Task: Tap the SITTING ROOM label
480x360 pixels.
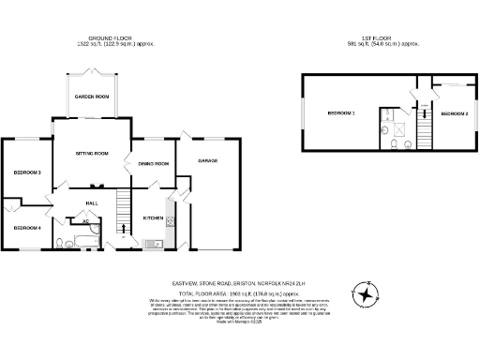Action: point(92,153)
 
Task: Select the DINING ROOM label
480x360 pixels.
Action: point(154,164)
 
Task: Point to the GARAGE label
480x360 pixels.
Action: point(207,160)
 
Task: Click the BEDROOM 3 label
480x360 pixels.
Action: point(26,172)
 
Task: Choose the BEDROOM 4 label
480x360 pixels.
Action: point(26,227)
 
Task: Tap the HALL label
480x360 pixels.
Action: point(93,202)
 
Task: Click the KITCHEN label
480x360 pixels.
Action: point(153,218)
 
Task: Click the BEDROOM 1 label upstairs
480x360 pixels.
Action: point(340,113)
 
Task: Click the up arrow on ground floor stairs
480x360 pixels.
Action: point(122,228)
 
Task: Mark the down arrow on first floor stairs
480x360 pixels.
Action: point(418,97)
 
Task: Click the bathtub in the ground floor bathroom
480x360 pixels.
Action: point(82,244)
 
